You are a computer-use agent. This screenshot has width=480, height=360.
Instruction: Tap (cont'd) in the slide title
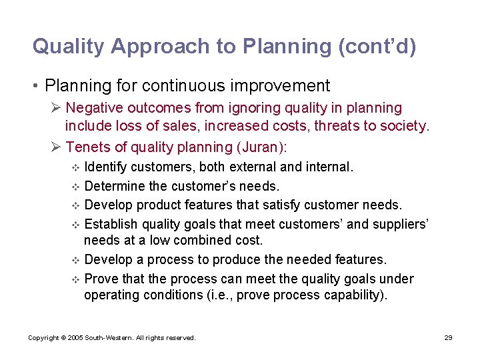click(x=378, y=46)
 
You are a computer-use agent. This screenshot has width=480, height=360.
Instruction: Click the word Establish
click(x=112, y=224)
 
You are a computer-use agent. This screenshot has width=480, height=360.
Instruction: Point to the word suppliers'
click(x=401, y=224)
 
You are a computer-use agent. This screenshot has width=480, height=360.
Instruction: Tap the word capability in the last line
click(x=351, y=295)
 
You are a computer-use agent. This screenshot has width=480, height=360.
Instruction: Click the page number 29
click(x=449, y=338)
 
